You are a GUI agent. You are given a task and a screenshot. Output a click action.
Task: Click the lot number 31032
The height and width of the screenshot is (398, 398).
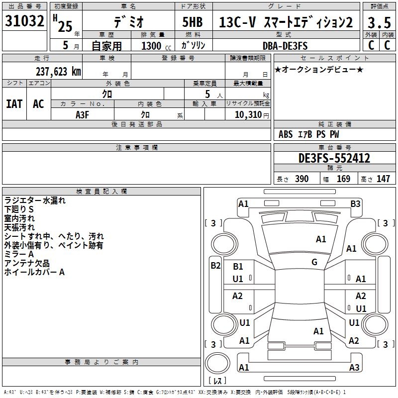(24, 21)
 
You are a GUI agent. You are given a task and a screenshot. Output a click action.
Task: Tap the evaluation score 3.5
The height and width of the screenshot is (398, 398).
(379, 23)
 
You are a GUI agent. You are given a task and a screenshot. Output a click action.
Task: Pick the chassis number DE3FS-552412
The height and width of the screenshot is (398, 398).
(334, 158)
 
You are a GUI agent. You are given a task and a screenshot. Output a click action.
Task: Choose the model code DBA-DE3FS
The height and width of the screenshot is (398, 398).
(285, 46)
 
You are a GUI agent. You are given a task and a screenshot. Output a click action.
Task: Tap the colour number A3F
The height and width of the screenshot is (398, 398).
(83, 114)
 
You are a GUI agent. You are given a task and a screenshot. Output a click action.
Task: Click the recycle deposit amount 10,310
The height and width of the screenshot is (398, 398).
(247, 114)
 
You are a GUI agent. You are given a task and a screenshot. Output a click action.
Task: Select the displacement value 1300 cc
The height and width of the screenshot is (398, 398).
(156, 46)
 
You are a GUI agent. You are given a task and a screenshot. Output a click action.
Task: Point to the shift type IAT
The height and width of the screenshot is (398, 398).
(14, 104)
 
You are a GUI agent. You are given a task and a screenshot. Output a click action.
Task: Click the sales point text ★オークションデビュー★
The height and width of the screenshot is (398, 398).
(319, 69)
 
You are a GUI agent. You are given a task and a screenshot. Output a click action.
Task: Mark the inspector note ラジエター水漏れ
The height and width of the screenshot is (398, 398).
(34, 201)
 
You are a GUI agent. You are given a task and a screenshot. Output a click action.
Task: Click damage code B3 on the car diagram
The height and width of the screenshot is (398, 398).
(355, 203)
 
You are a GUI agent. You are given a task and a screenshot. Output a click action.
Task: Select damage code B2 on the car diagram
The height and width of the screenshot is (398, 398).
(215, 266)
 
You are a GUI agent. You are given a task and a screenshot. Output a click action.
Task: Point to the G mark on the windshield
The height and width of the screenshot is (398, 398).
(314, 262)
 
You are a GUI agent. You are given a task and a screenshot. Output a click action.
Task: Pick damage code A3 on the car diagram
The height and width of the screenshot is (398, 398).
(354, 368)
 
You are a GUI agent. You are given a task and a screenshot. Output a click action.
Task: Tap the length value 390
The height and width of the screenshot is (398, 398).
(301, 179)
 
